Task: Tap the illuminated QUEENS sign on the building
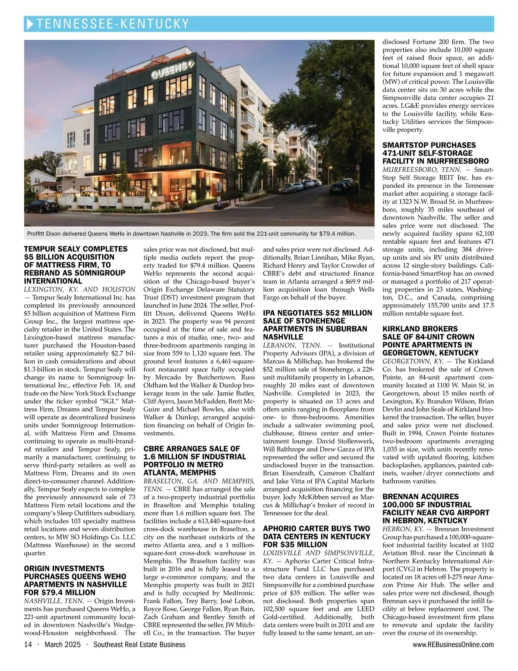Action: [170, 69]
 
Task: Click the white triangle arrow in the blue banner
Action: [29, 24]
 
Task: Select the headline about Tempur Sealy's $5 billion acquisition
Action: [76, 265]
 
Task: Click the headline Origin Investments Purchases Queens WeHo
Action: [76, 580]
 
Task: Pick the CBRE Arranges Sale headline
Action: [195, 460]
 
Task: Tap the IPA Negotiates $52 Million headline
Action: [317, 324]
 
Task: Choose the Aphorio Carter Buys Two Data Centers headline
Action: [317, 536]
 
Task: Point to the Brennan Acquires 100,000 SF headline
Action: [436, 508]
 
